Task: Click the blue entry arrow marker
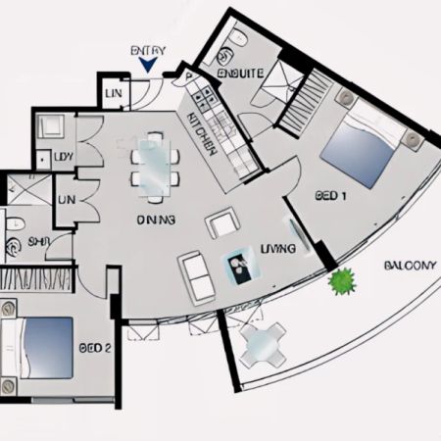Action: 148,65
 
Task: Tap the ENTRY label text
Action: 148,50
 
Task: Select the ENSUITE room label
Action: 241,73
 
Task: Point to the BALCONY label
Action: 410,265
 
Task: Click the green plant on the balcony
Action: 342,283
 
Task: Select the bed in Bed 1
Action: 363,145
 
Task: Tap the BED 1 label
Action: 331,196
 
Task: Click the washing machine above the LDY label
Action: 51,126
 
